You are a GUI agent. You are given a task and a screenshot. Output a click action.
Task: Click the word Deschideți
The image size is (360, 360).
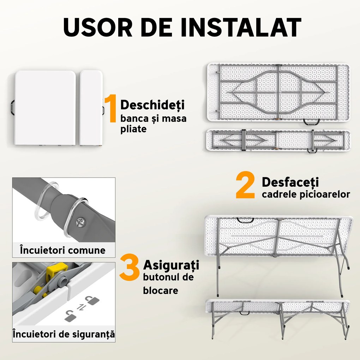click(152, 105)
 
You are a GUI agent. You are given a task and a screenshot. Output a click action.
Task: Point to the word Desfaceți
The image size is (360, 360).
click(290, 182)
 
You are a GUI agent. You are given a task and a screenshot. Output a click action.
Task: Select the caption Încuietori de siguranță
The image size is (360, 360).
click(64, 334)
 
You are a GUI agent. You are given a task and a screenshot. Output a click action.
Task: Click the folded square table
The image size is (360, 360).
click(46, 108)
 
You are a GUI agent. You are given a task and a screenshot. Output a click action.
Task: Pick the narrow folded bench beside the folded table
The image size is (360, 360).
click(91, 108)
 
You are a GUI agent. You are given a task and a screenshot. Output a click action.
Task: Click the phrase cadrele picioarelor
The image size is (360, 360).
click(306, 194)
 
